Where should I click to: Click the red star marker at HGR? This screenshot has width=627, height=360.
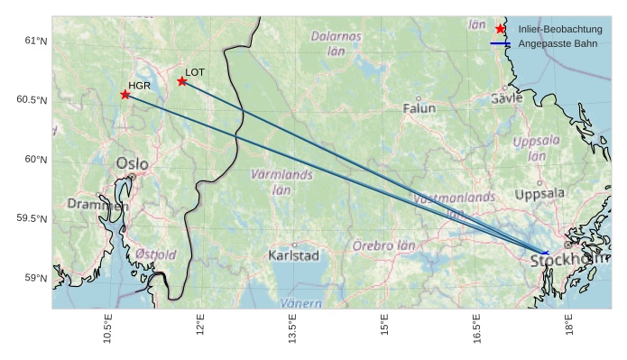pyautogui.click(x=125, y=95)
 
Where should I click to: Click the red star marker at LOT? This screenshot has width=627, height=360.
pyautogui.click(x=182, y=81)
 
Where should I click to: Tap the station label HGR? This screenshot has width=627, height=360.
pyautogui.click(x=139, y=86)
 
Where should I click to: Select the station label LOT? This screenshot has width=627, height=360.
pyautogui.click(x=195, y=71)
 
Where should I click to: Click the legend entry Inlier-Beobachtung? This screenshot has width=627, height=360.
pyautogui.click(x=559, y=30)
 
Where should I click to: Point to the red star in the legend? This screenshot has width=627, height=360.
pyautogui.click(x=501, y=29)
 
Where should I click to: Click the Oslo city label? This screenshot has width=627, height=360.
pyautogui.click(x=133, y=163)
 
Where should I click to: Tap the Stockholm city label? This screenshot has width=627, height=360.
pyautogui.click(x=568, y=261)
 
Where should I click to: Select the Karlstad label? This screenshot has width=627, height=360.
pyautogui.click(x=294, y=255)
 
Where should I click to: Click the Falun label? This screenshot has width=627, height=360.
pyautogui.click(x=419, y=108)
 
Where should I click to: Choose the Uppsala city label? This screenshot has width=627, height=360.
pyautogui.click(x=539, y=193)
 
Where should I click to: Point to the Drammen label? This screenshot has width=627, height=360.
pyautogui.click(x=97, y=205)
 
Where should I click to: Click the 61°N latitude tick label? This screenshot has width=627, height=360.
pyautogui.click(x=36, y=41)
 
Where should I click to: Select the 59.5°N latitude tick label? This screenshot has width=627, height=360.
pyautogui.click(x=32, y=218)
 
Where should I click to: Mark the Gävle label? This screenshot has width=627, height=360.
pyautogui.click(x=506, y=97)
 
